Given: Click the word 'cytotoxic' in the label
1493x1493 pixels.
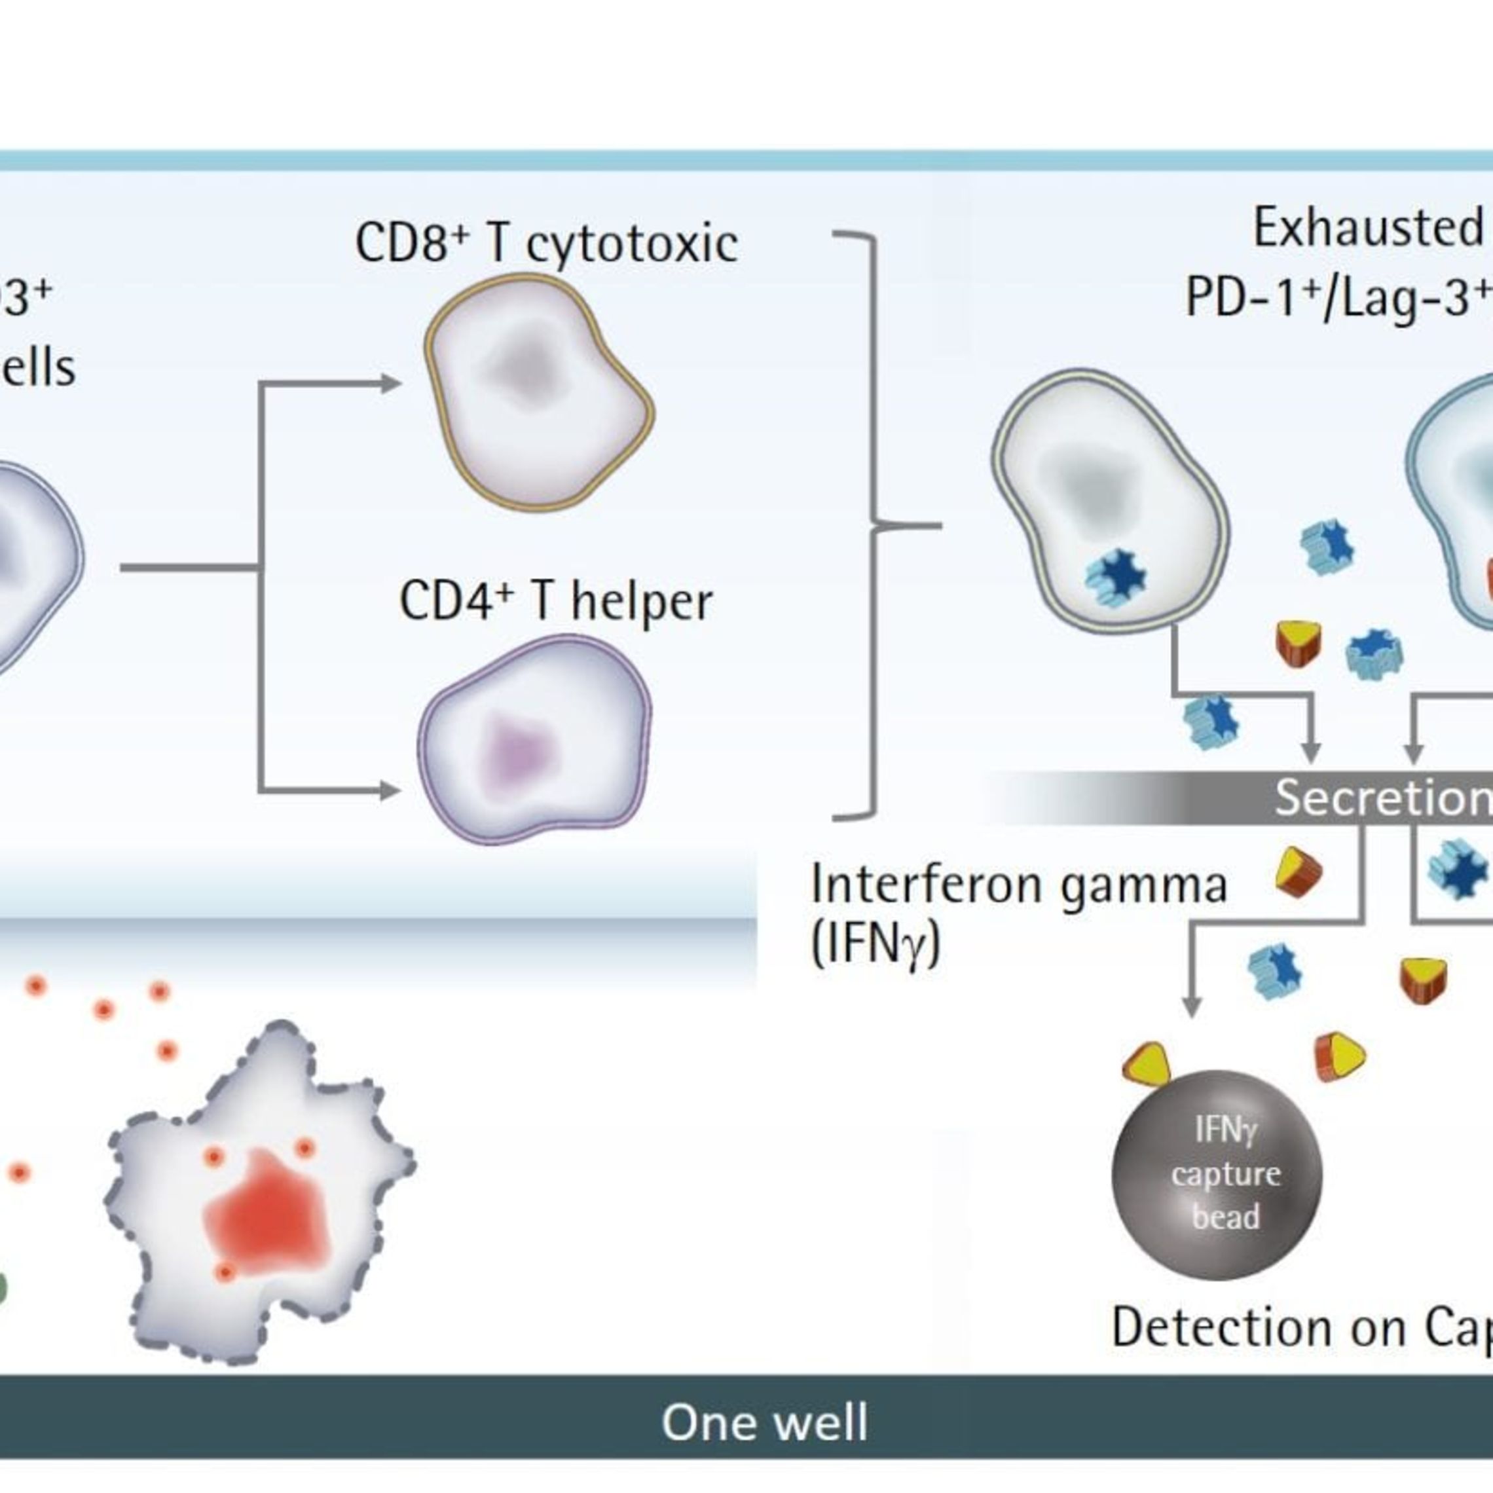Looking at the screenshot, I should coord(631,244).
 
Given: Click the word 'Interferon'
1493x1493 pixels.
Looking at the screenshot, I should coord(927,885).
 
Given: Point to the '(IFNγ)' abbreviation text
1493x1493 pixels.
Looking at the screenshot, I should coord(875,944).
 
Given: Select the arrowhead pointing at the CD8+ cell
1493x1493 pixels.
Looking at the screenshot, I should coord(391,383).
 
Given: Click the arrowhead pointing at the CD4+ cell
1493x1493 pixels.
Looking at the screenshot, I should coord(391,790).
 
